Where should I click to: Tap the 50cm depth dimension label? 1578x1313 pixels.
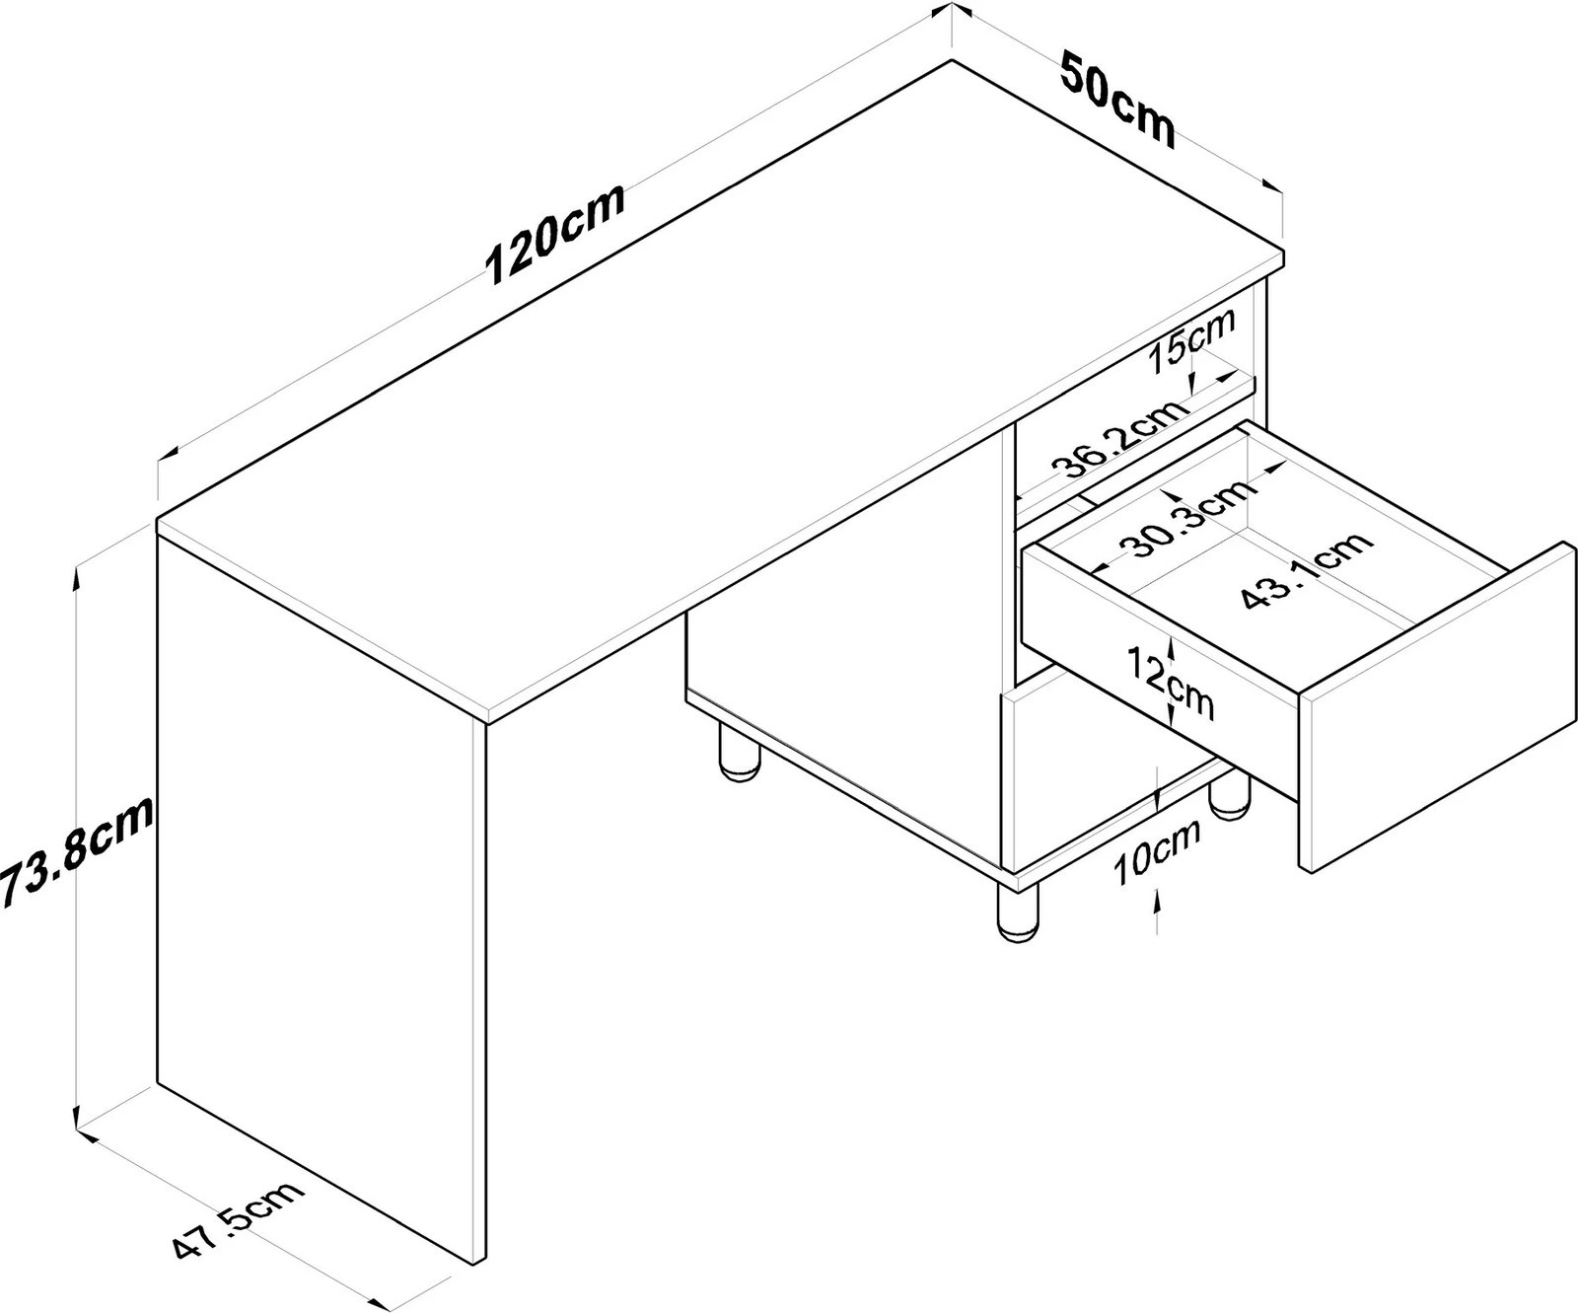click(1117, 101)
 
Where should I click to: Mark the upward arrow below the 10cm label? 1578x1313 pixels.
click(1156, 903)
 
